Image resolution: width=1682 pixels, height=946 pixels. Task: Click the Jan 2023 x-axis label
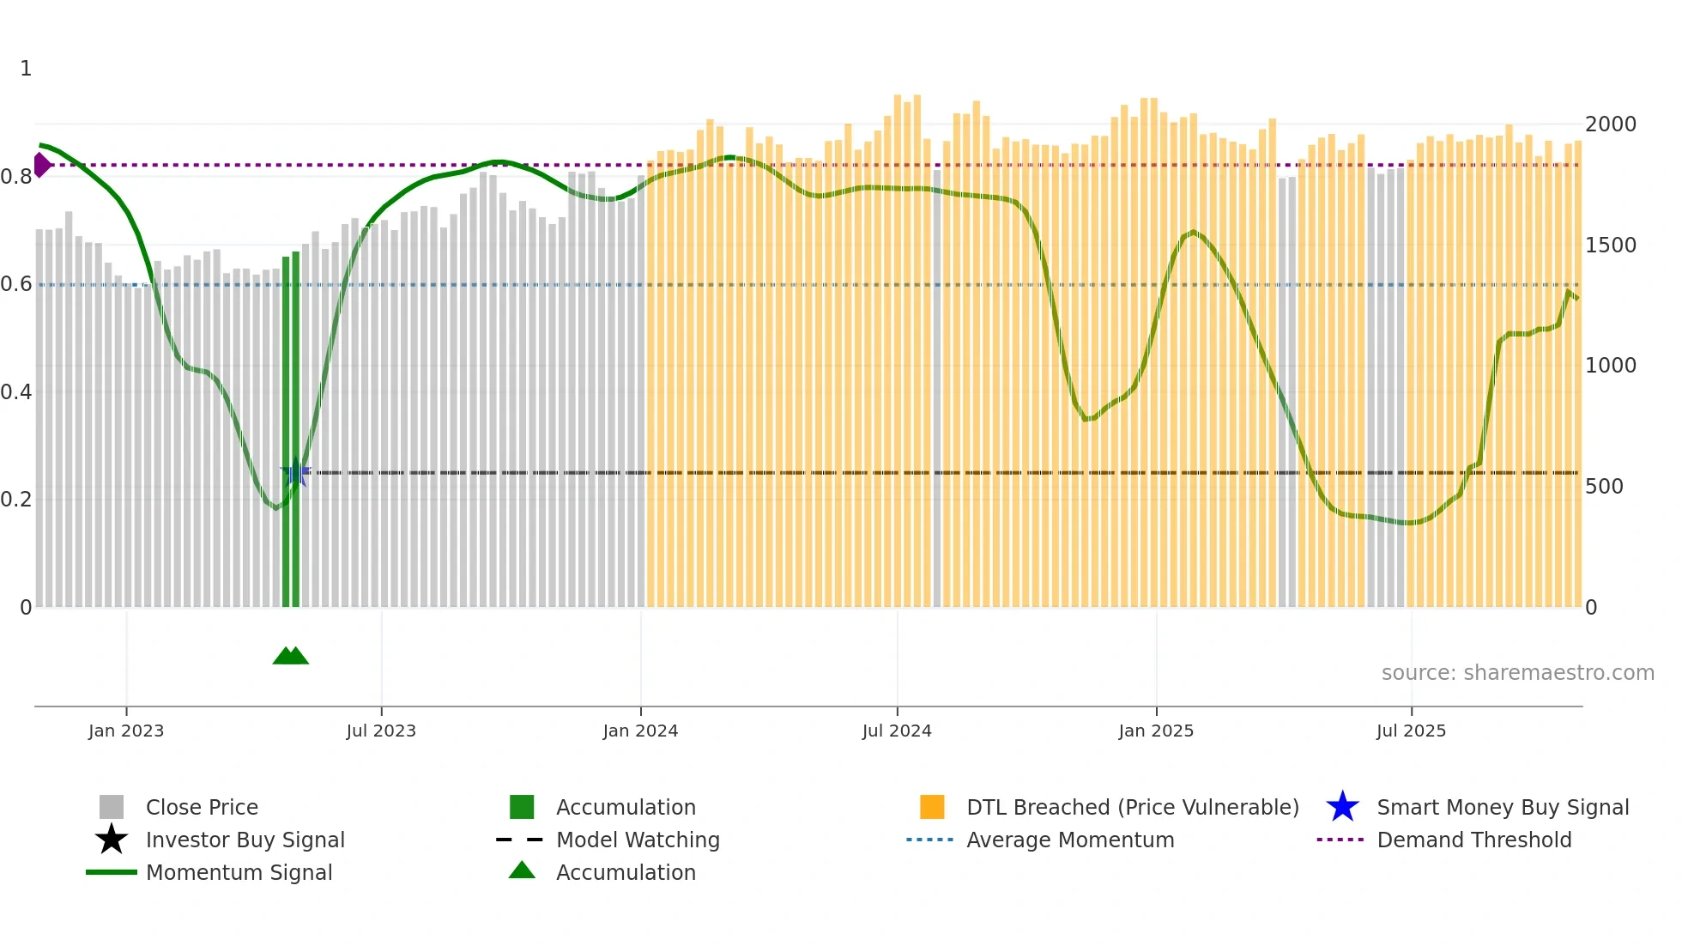pyautogui.click(x=125, y=731)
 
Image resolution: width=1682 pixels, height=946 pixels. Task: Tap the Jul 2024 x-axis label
pyautogui.click(x=897, y=731)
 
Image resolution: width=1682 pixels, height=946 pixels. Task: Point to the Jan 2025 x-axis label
pyautogui.click(x=1156, y=731)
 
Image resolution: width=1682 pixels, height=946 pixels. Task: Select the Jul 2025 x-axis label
pyautogui.click(x=1411, y=731)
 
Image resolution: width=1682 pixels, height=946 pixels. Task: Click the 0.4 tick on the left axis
pyautogui.click(x=16, y=392)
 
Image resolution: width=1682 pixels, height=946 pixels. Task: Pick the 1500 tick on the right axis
pyautogui.click(x=1610, y=246)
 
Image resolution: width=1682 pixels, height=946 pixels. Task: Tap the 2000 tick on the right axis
pyautogui.click(x=1610, y=124)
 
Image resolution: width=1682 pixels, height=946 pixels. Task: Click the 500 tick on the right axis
pyautogui.click(x=1604, y=487)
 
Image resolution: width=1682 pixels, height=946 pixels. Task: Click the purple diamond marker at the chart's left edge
pyautogui.click(x=41, y=165)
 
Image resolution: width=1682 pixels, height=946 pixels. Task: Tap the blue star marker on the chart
pyautogui.click(x=296, y=472)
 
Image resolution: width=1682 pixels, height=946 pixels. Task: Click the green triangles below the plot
pyautogui.click(x=290, y=656)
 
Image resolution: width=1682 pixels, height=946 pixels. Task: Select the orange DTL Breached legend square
pyautogui.click(x=932, y=807)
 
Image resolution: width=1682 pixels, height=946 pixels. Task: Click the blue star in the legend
pyautogui.click(x=1342, y=807)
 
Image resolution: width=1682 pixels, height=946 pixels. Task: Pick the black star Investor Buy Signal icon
pyautogui.click(x=112, y=840)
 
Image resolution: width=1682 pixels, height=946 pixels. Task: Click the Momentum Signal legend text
pyautogui.click(x=239, y=872)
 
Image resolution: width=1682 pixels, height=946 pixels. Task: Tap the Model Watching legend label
pyautogui.click(x=638, y=840)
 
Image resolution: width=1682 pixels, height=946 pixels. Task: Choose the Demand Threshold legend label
pyautogui.click(x=1473, y=840)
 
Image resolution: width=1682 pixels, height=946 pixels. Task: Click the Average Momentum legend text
pyautogui.click(x=1070, y=840)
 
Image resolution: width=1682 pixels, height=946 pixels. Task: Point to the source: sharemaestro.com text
pyautogui.click(x=1517, y=672)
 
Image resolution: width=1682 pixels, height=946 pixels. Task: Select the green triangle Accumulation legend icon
pyautogui.click(x=522, y=870)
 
